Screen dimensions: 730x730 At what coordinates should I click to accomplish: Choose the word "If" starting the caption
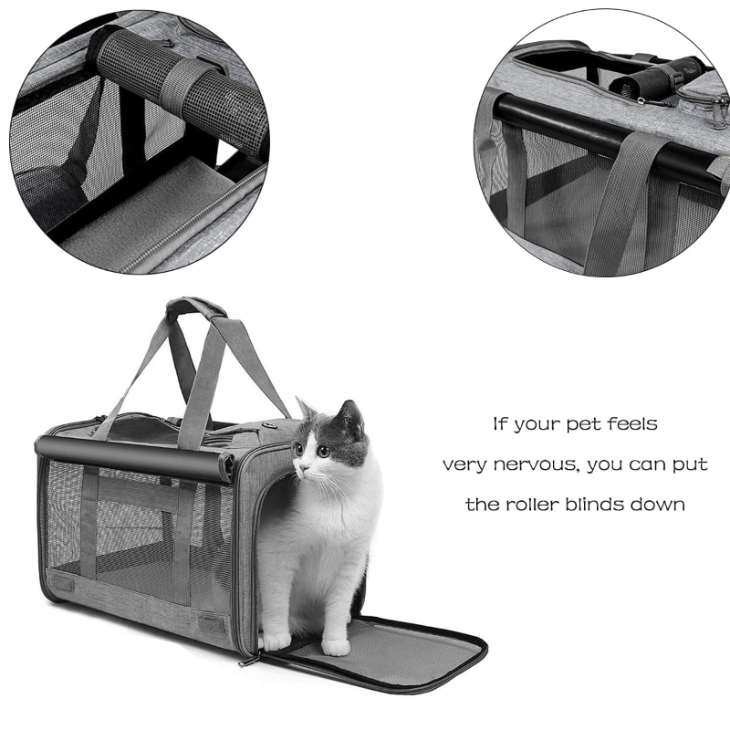(x=500, y=424)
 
